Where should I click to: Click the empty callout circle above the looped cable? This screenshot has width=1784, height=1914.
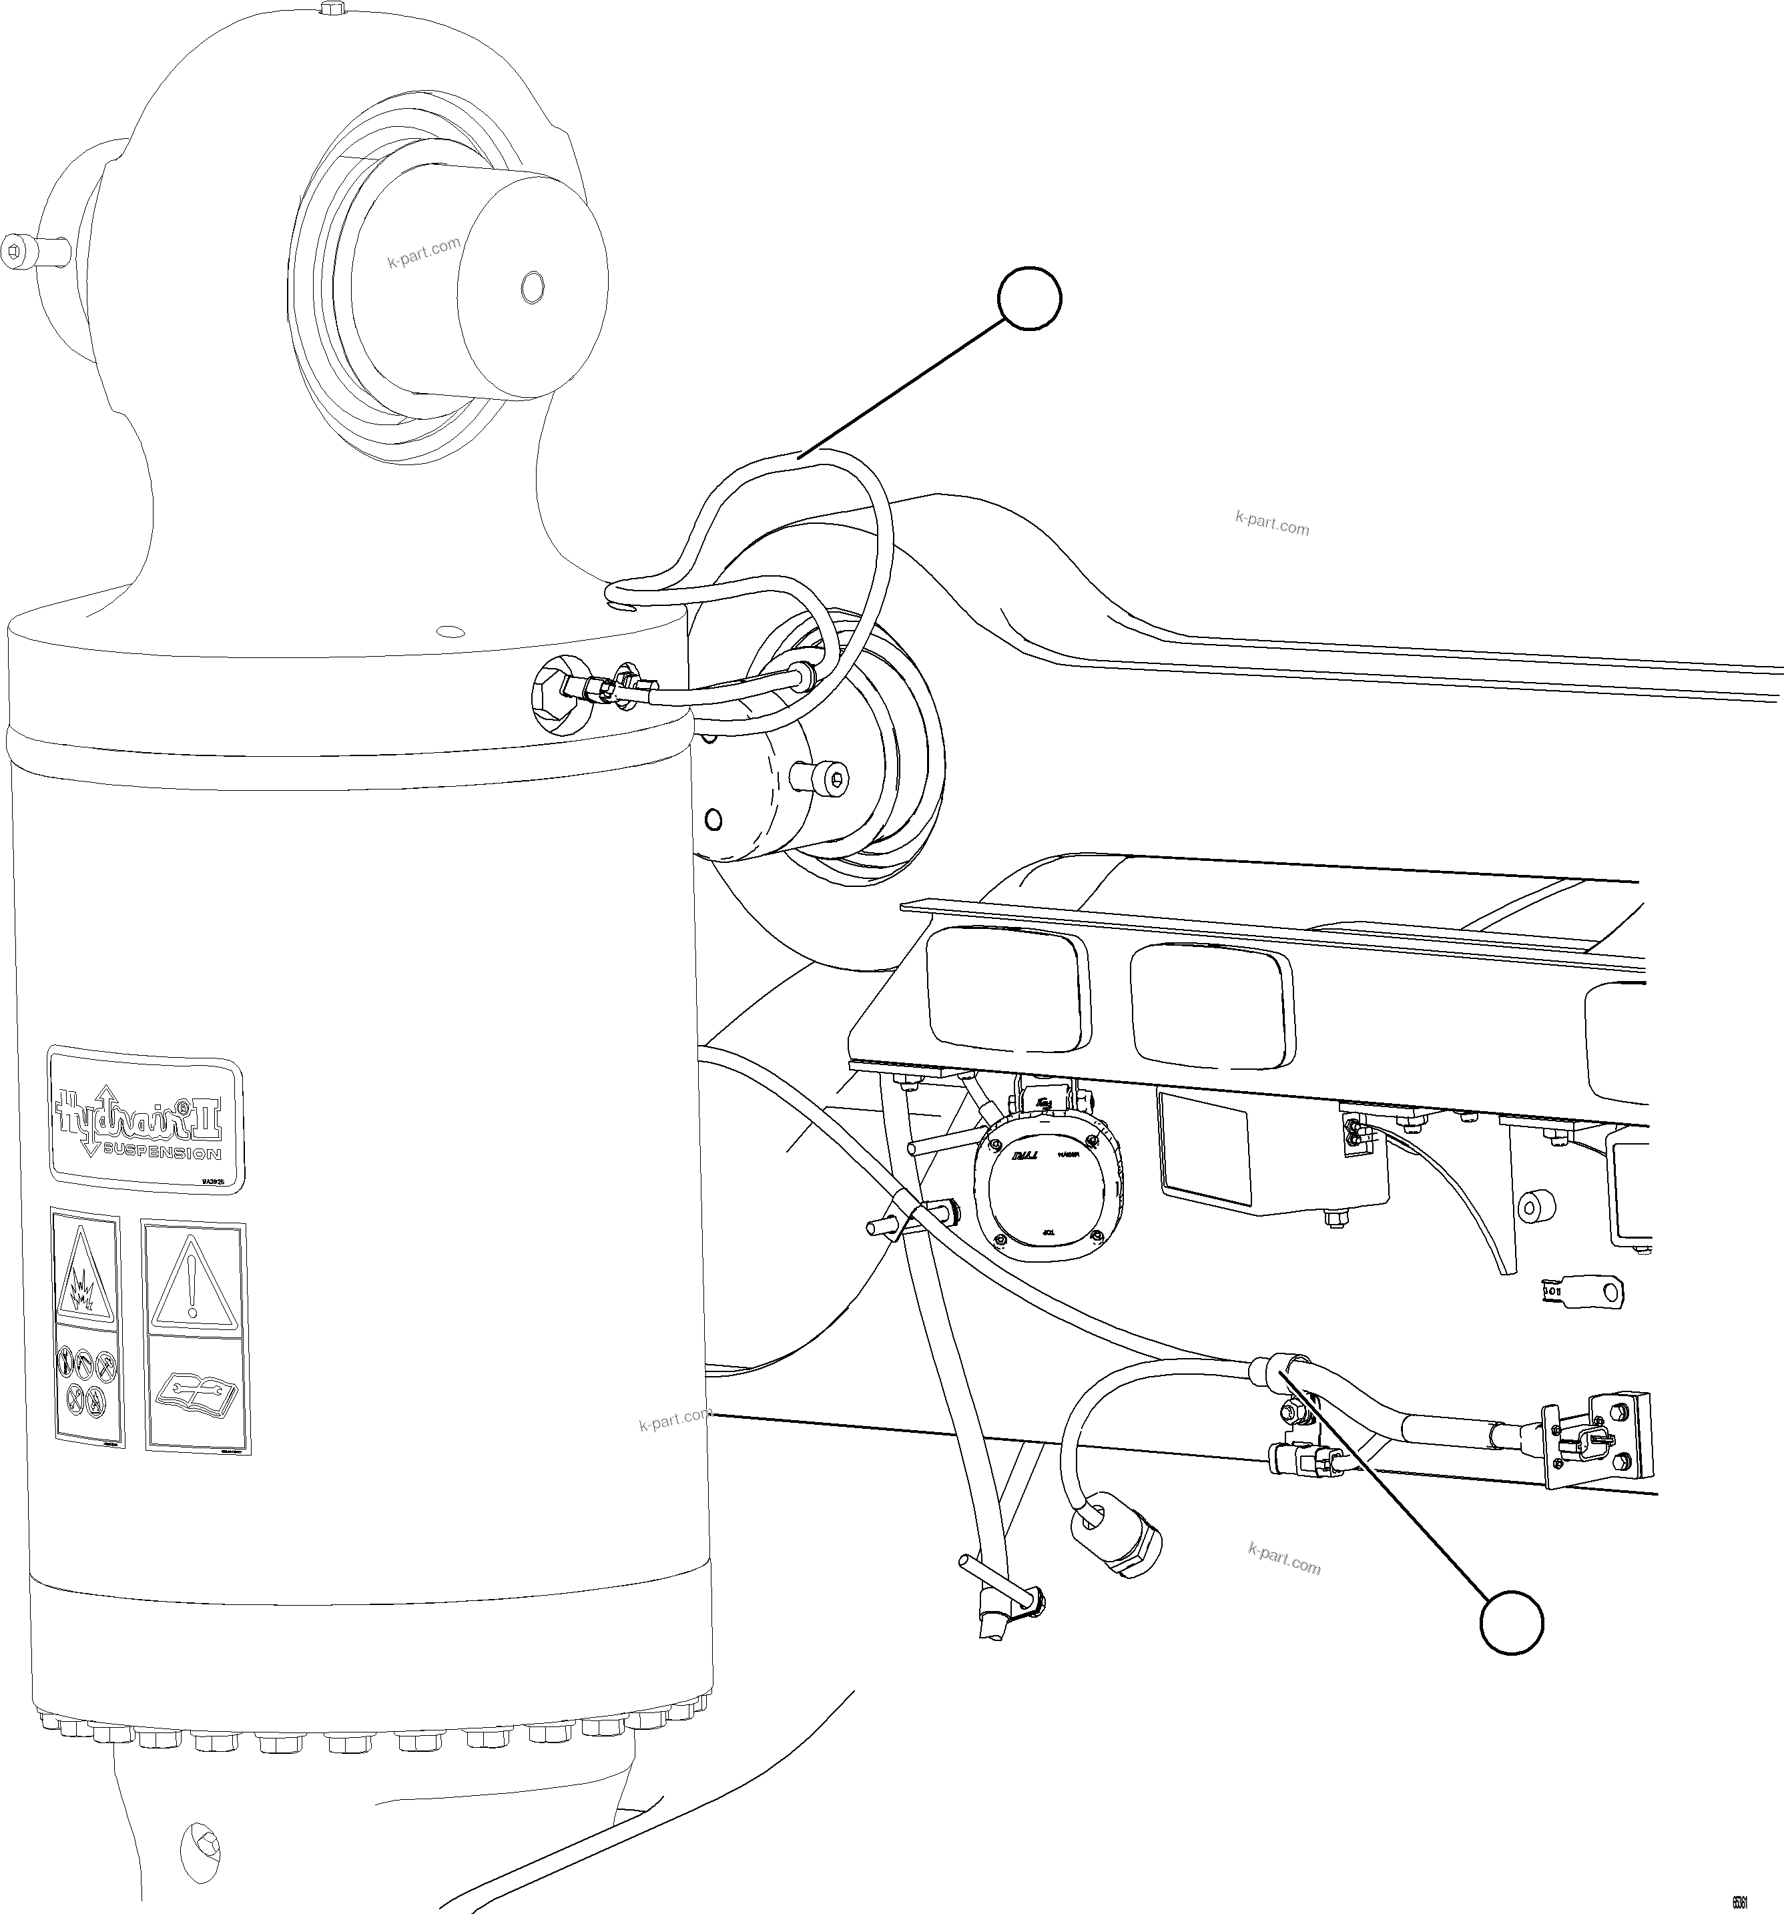pos(1029,300)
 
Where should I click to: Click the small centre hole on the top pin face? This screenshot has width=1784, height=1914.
pos(531,286)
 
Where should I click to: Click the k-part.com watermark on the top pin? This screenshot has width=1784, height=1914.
pos(424,253)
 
